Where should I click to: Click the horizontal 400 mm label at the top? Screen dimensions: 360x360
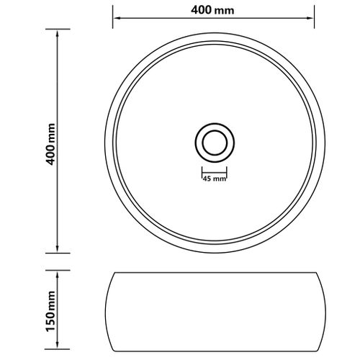click(x=214, y=12)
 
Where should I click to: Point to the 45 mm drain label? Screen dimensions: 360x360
click(x=214, y=178)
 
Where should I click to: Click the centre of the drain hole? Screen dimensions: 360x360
click(x=214, y=140)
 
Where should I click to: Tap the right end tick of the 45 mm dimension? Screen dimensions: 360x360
click(x=228, y=174)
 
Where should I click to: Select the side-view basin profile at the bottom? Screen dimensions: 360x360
click(x=214, y=311)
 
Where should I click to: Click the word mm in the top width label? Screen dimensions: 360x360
click(x=228, y=12)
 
